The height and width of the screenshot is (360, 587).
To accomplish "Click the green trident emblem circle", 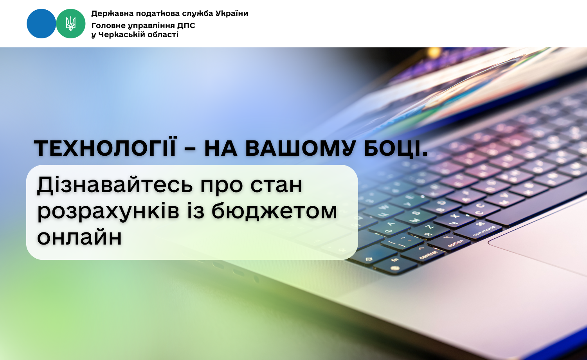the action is [x=71, y=23].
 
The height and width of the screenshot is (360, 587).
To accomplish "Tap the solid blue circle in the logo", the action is [x=41, y=23].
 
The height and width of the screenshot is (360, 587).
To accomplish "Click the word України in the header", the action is [x=232, y=13].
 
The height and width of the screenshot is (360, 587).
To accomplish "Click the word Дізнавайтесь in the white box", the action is [x=115, y=185].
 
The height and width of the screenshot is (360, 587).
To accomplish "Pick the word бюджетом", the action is [x=274, y=211].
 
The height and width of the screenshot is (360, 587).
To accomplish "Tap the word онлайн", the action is [x=79, y=237].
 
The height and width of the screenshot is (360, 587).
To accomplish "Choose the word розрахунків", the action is [x=108, y=212].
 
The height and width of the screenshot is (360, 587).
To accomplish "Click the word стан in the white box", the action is [x=276, y=185].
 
